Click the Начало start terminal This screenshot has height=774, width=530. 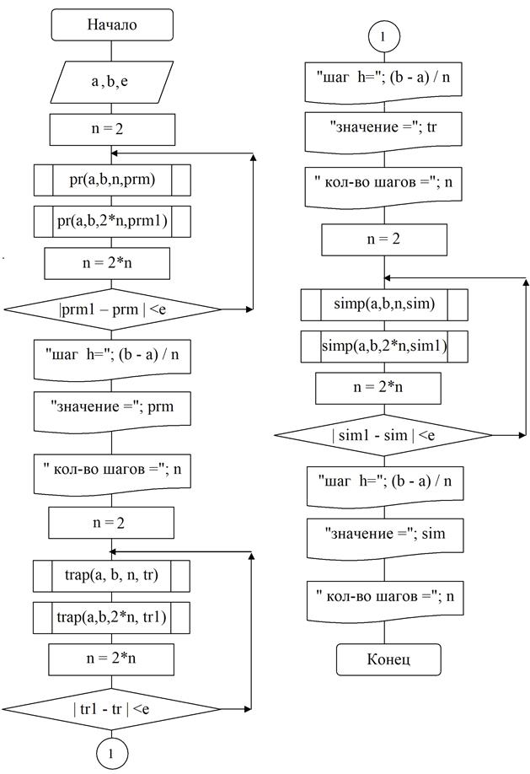coord(112,25)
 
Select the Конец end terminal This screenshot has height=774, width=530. coord(388,658)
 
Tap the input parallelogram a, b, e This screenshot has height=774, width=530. coord(113,82)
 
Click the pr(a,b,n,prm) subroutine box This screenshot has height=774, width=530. coord(111,179)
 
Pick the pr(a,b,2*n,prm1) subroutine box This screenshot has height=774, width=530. coord(111,222)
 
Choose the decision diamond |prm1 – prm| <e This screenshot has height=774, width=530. coord(111,309)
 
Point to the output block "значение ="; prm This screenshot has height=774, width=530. coord(111,409)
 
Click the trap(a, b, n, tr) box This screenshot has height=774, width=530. coord(111,576)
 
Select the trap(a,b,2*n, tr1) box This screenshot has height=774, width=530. coord(111,618)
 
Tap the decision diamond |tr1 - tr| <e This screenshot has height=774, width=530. coord(111,707)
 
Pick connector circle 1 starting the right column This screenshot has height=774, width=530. coord(383,38)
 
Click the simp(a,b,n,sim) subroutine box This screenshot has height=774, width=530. coord(383,304)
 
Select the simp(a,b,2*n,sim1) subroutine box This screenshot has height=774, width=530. coord(383,347)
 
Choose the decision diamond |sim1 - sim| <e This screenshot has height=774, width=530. coord(383,435)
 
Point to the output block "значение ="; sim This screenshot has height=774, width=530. coord(383,534)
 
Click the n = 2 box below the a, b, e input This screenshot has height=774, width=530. coord(112,130)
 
